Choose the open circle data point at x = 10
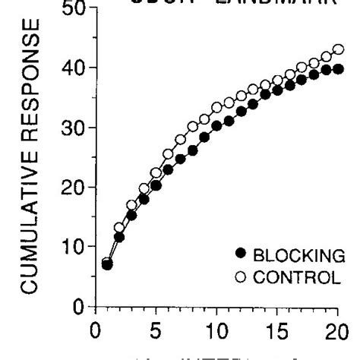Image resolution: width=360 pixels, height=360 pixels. (x=216, y=106)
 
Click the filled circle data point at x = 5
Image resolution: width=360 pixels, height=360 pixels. (x=156, y=185)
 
